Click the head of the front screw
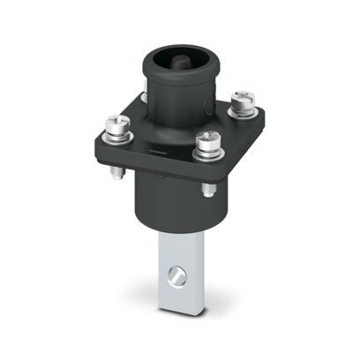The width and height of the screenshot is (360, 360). point(207,139)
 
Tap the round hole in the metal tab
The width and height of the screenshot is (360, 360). point(179,278)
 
